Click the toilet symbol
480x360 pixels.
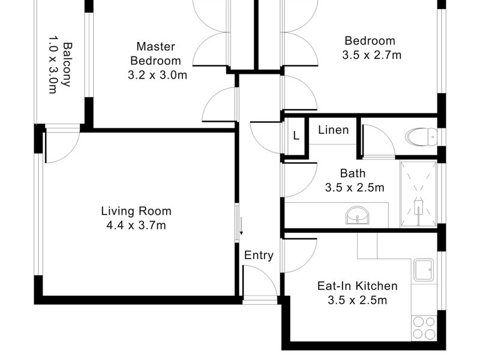point(421,136)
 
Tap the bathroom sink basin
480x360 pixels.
point(358,215)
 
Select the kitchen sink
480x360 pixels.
point(424,269)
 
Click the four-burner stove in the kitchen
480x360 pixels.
point(424,328)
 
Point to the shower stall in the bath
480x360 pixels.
point(418,194)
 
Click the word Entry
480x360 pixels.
point(259,256)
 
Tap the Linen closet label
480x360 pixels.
point(334,130)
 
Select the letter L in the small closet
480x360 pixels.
point(296,136)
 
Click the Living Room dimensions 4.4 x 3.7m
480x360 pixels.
point(136,226)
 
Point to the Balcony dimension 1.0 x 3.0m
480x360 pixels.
point(53,65)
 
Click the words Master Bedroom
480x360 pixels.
point(155,53)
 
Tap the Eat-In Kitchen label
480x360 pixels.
point(358,286)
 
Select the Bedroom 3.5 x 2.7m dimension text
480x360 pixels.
point(371,55)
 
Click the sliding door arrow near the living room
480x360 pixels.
point(241,226)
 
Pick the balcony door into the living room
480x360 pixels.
point(63,143)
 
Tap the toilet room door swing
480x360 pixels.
point(379,142)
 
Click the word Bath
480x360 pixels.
point(353,173)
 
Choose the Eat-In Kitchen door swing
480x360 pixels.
point(299,256)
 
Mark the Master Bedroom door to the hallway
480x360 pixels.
point(220,104)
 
